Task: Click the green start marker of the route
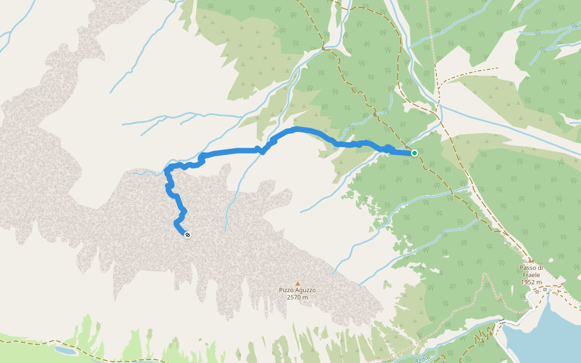pyautogui.click(x=415, y=153)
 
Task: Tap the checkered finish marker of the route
pyautogui.click(x=188, y=235)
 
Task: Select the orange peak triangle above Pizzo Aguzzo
pyautogui.click(x=297, y=283)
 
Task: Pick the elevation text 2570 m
pyautogui.click(x=297, y=297)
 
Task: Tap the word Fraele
pyautogui.click(x=531, y=275)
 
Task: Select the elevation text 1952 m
pyautogui.click(x=531, y=282)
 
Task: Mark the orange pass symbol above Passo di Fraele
pyautogui.click(x=531, y=261)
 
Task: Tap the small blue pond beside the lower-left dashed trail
pyautogui.click(x=64, y=350)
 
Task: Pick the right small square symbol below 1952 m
pyautogui.click(x=545, y=289)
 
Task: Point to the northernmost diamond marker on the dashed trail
pyautogui.click(x=323, y=48)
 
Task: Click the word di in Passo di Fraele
pyautogui.click(x=540, y=267)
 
